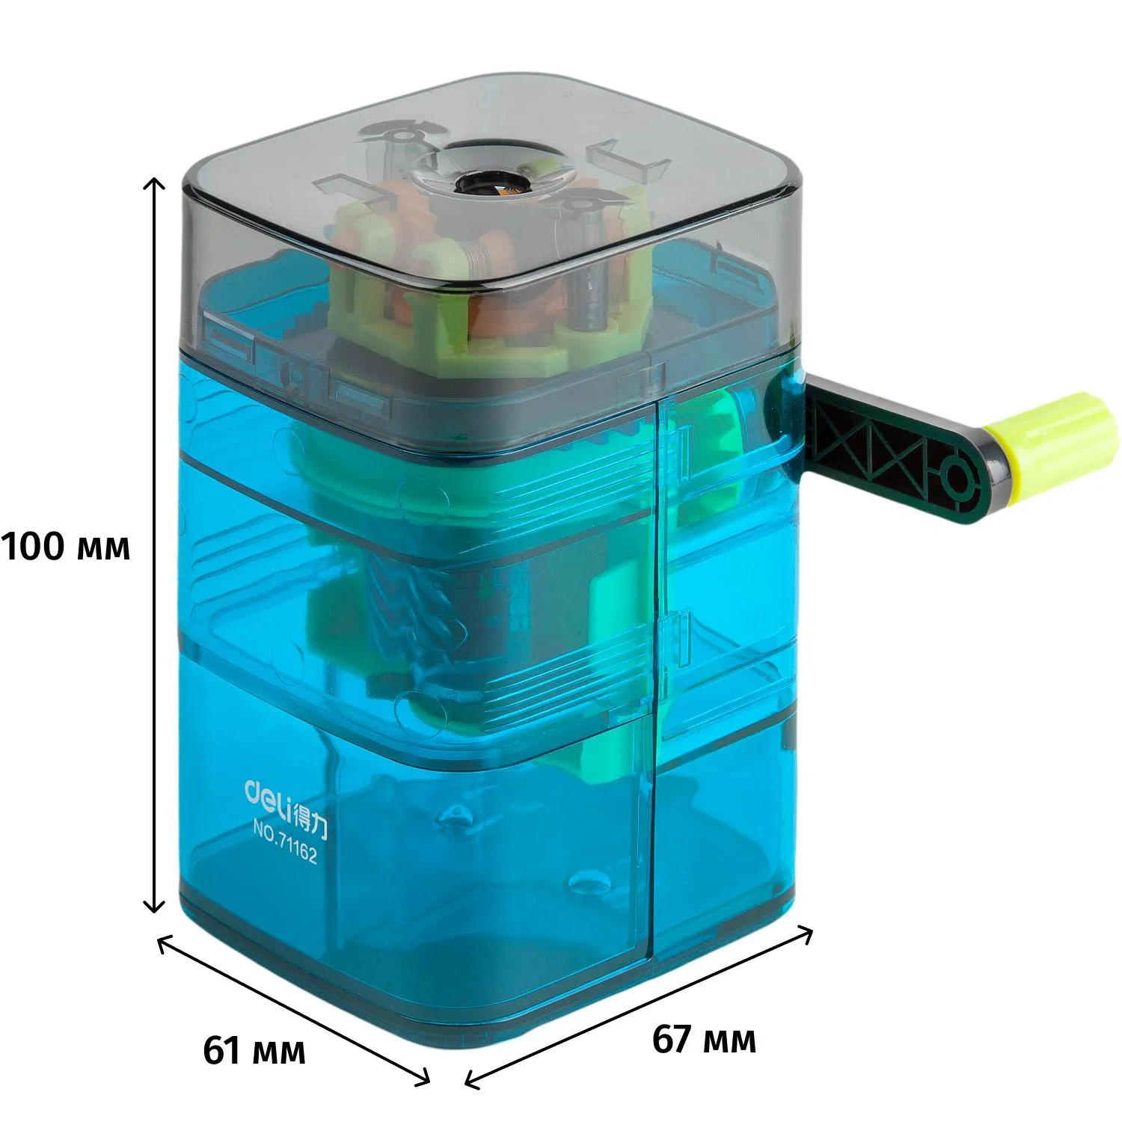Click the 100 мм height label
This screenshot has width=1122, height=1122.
pos(66,547)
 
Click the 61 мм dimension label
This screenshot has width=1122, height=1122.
pos(254,1050)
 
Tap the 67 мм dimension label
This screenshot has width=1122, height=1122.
pos(704,1039)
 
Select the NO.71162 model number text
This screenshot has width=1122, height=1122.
pos(285,841)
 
